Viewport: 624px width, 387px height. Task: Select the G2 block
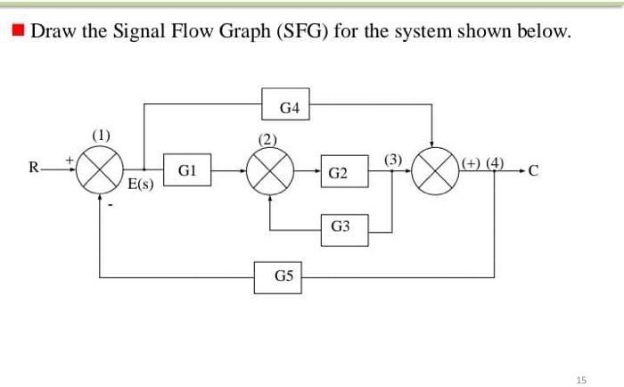tap(338, 172)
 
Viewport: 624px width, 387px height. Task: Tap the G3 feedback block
tap(340, 226)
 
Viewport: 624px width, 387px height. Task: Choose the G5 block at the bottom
tap(283, 276)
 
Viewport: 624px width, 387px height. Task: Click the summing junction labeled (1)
tap(100, 169)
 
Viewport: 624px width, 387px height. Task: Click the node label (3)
tap(394, 159)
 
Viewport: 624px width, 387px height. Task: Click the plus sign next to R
tap(65, 158)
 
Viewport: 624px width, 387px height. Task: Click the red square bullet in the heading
tap(18, 33)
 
